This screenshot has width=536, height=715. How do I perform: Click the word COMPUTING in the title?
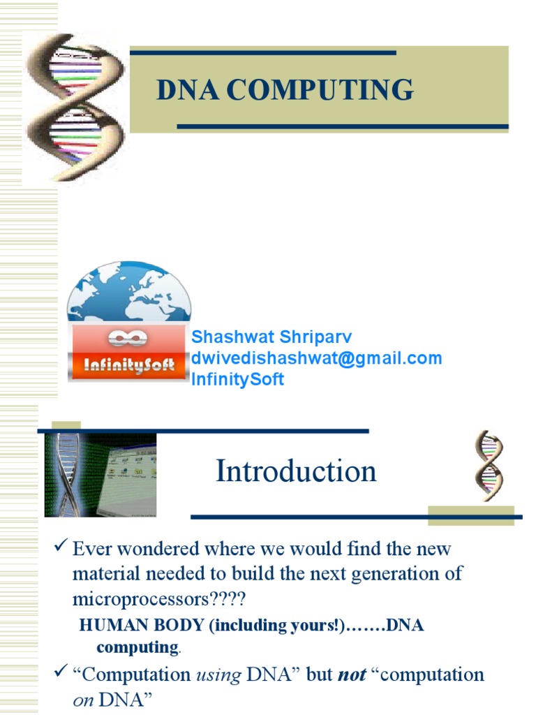tap(320, 89)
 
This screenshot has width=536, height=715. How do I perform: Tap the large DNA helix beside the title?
tap(75, 108)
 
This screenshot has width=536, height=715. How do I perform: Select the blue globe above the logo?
tap(129, 292)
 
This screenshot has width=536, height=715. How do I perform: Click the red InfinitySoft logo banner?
tap(128, 352)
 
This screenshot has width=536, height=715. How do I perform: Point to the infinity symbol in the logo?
tap(128, 338)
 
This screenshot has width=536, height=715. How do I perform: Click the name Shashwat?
tap(232, 337)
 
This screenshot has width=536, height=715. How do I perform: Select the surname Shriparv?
tap(315, 338)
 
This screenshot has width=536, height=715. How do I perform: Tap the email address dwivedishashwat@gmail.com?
tap(316, 358)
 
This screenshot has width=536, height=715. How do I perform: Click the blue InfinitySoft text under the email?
tap(237, 379)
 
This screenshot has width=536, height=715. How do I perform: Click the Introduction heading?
tap(296, 471)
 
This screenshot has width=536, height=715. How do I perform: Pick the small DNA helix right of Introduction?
tap(489, 465)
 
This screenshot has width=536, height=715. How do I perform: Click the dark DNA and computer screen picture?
tap(100, 475)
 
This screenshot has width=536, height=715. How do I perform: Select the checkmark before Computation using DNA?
tap(61, 671)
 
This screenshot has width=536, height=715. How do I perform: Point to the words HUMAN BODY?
tap(141, 625)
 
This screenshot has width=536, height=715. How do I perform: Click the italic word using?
tap(218, 675)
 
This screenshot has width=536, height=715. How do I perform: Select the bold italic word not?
tap(352, 675)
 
